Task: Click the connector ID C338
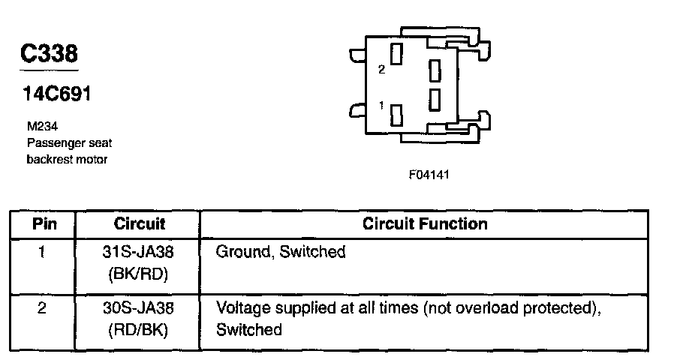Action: [x=49, y=53]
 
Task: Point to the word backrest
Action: [x=49, y=159]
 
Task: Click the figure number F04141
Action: [x=429, y=175]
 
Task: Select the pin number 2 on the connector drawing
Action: [x=382, y=69]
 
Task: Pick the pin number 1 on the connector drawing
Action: [x=382, y=106]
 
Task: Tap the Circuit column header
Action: [x=139, y=223]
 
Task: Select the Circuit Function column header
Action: [x=425, y=223]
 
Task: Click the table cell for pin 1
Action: [x=42, y=252]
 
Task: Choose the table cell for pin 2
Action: [x=42, y=307]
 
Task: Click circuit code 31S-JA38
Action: [x=139, y=252]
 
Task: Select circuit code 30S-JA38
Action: [x=139, y=307]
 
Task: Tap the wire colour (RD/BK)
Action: [x=139, y=328]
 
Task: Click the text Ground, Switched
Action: [x=281, y=252]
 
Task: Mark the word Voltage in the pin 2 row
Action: [x=238, y=307]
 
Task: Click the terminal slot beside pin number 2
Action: [x=398, y=54]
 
